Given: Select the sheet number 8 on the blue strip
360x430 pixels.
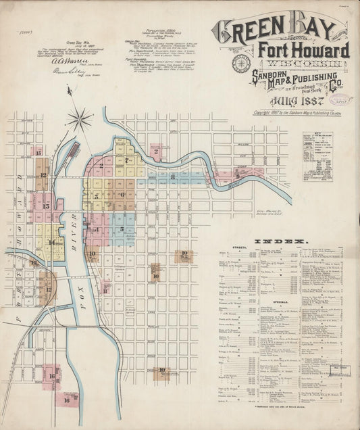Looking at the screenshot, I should point(173,177).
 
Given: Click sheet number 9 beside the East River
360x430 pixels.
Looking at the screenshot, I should point(238,173).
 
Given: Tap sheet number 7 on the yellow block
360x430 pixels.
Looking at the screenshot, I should point(126,161).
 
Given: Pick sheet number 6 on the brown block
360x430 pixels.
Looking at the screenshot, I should point(122,194).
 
